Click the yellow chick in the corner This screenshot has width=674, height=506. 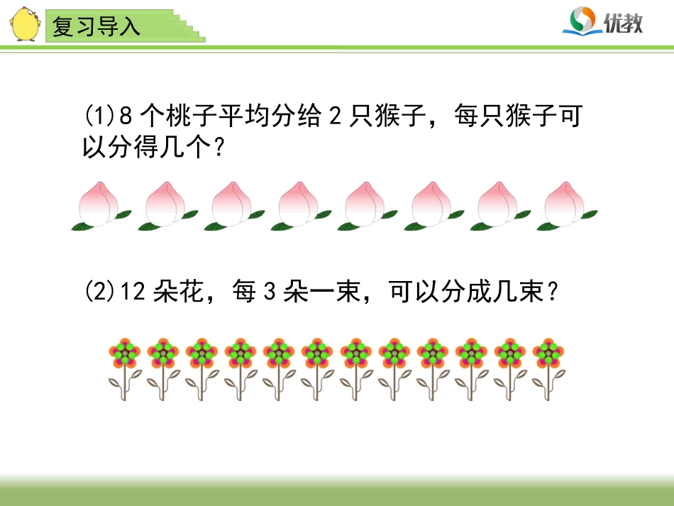coord(24,24)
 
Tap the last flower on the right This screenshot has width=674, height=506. coord(548,368)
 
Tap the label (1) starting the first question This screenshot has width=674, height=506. coord(99,115)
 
